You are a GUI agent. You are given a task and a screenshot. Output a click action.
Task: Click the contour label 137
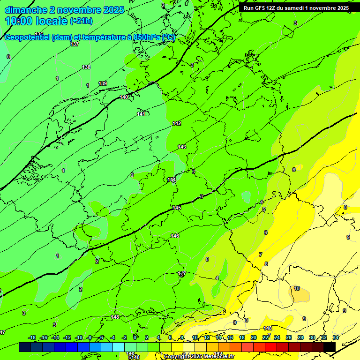click(x=75, y=44)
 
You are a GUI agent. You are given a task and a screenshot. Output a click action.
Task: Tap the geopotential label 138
click(x=86, y=67)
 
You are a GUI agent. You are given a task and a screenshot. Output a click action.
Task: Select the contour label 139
click(x=103, y=83)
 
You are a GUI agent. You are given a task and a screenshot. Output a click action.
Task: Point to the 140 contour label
click(x=124, y=97)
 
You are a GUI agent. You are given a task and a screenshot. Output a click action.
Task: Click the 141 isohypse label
click(x=141, y=114)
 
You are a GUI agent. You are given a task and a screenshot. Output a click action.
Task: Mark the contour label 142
click(x=177, y=123)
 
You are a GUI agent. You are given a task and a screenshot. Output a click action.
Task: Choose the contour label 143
click(x=182, y=147)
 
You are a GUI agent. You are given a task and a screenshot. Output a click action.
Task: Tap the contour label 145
click(x=177, y=208)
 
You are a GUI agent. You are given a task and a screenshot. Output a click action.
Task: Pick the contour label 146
click(x=175, y=236)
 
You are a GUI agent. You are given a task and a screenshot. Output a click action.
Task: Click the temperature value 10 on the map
click(x=297, y=288)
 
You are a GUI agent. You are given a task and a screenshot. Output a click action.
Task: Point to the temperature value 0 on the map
click(x=8, y=57)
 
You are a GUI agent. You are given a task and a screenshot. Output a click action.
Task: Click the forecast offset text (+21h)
click(x=81, y=21)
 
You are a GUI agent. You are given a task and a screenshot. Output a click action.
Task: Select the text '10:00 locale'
click(x=37, y=21)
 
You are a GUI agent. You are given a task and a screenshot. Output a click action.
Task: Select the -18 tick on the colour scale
click(x=32, y=337)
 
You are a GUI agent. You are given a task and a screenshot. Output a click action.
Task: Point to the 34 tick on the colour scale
click(x=336, y=337)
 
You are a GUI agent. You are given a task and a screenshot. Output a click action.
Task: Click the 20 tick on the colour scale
click(x=254, y=337)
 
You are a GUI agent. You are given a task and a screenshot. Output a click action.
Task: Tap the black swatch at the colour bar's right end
click(x=330, y=347)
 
